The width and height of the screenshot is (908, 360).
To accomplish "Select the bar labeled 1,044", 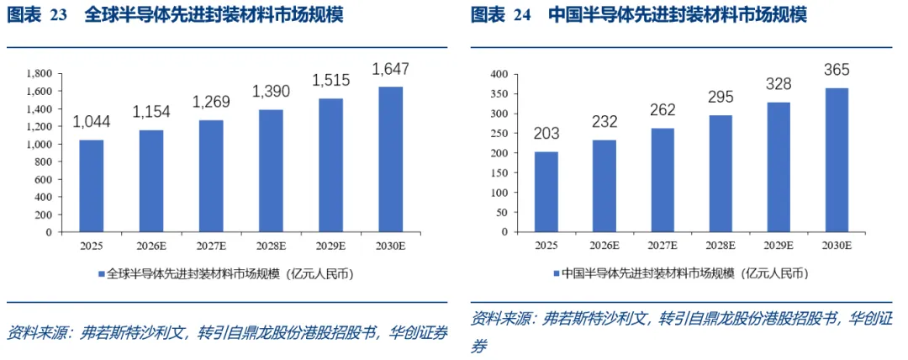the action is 92,186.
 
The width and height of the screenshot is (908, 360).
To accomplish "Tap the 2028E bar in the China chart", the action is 720,173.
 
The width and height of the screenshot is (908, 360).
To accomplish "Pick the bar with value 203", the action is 546,192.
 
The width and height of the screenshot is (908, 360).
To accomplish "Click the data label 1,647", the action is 391,70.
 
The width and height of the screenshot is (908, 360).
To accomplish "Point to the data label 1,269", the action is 211,103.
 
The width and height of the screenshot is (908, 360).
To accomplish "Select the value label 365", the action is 837,71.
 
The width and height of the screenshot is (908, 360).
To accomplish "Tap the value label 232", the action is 604,122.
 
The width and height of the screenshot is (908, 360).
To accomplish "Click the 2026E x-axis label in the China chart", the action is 604,246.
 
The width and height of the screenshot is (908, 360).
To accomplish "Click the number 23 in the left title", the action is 59,16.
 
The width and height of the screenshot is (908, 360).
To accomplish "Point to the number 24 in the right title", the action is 522,16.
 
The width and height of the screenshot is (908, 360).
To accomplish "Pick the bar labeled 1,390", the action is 271,171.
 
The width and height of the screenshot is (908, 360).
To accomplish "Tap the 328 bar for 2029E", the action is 778,167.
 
